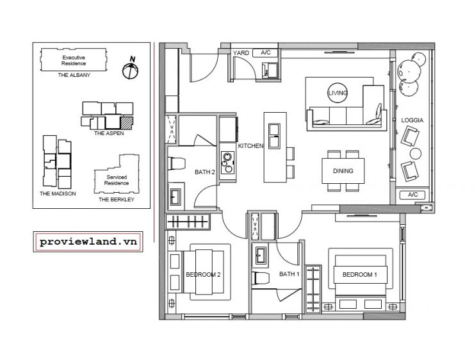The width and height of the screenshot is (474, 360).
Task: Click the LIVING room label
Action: (338, 93)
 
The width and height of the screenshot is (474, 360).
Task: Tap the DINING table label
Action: (343, 171)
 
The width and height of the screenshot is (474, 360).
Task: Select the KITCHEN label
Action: (250, 145)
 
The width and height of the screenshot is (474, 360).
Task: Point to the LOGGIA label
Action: (413, 120)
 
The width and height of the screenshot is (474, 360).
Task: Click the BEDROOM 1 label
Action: (360, 274)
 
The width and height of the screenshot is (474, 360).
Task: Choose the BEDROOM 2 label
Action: (203, 274)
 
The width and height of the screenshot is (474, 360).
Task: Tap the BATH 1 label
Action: (290, 274)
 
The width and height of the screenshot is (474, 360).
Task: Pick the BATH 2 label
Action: (205, 172)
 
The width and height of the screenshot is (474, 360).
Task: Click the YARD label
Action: (241, 53)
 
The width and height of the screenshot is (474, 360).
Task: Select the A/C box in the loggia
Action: (413, 195)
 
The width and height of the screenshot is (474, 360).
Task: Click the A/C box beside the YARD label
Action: (266, 53)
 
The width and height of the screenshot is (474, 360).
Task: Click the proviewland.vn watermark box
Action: (88, 241)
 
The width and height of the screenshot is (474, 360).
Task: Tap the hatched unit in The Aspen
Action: (127, 123)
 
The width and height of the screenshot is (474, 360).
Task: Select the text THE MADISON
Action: (58, 193)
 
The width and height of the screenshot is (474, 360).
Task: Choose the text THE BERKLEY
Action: (117, 199)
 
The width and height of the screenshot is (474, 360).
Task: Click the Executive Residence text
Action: (74, 60)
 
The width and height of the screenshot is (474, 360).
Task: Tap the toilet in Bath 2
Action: (177, 163)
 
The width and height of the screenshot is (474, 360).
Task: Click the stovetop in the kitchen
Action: (227, 163)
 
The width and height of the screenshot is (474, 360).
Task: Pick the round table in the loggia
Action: (416, 154)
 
